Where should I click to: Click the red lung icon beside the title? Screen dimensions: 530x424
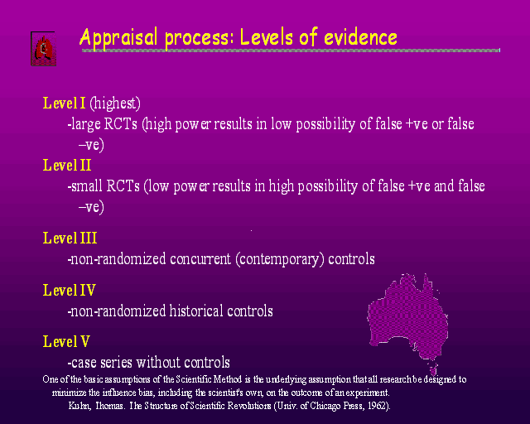pos(43,49)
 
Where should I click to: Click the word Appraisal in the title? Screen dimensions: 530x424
pos(119,37)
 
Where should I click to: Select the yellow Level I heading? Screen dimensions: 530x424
pos(65,103)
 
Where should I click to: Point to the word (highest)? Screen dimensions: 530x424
pos(115,104)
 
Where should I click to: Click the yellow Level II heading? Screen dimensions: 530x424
pos(67,166)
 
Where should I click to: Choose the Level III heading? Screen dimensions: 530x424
pos(70,238)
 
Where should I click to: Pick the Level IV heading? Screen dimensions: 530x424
pos(70,290)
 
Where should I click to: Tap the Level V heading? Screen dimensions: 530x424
pos(66,341)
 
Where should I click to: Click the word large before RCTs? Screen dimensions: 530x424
pos(86,124)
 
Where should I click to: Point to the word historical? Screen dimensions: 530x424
pos(196,311)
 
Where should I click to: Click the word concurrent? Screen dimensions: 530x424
pos(200,259)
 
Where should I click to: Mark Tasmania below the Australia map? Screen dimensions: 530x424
pos(433,369)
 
